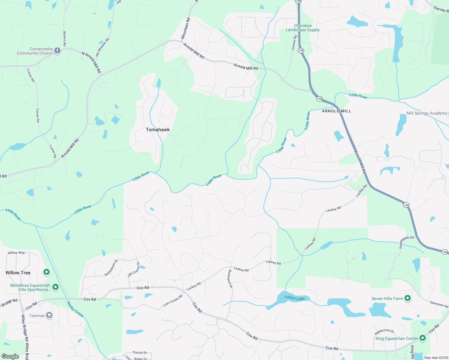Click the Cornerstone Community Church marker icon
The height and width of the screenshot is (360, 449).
coord(57,51)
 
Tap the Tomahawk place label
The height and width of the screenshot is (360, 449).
coord(158,130)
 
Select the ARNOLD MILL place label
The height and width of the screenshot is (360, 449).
coord(336,111)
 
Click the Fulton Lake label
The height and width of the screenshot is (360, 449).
coord(294,298)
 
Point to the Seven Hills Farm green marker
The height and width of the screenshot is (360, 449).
coord(407,298)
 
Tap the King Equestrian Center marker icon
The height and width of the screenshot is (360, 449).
coord(422,338)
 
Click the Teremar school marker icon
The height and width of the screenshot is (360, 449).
coord(49,315)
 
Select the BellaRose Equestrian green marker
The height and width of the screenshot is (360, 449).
coord(56,287)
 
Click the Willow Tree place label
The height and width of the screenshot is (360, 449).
coord(18,273)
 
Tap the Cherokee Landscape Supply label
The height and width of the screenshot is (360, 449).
coord(303,28)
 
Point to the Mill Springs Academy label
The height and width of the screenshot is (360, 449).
coord(426,113)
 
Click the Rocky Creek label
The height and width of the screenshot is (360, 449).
coord(75,309)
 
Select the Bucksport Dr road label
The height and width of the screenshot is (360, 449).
coord(230,279)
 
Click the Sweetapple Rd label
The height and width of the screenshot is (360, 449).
coord(406,242)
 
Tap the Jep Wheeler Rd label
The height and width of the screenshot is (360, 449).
coord(102,47)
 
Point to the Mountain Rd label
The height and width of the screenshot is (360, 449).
coord(185,28)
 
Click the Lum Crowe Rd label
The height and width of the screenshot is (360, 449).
coord(173,301)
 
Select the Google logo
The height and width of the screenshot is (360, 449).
coord(10,356)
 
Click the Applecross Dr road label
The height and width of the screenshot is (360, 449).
coord(384,331)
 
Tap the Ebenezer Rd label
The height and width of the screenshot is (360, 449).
coord(439,304)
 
